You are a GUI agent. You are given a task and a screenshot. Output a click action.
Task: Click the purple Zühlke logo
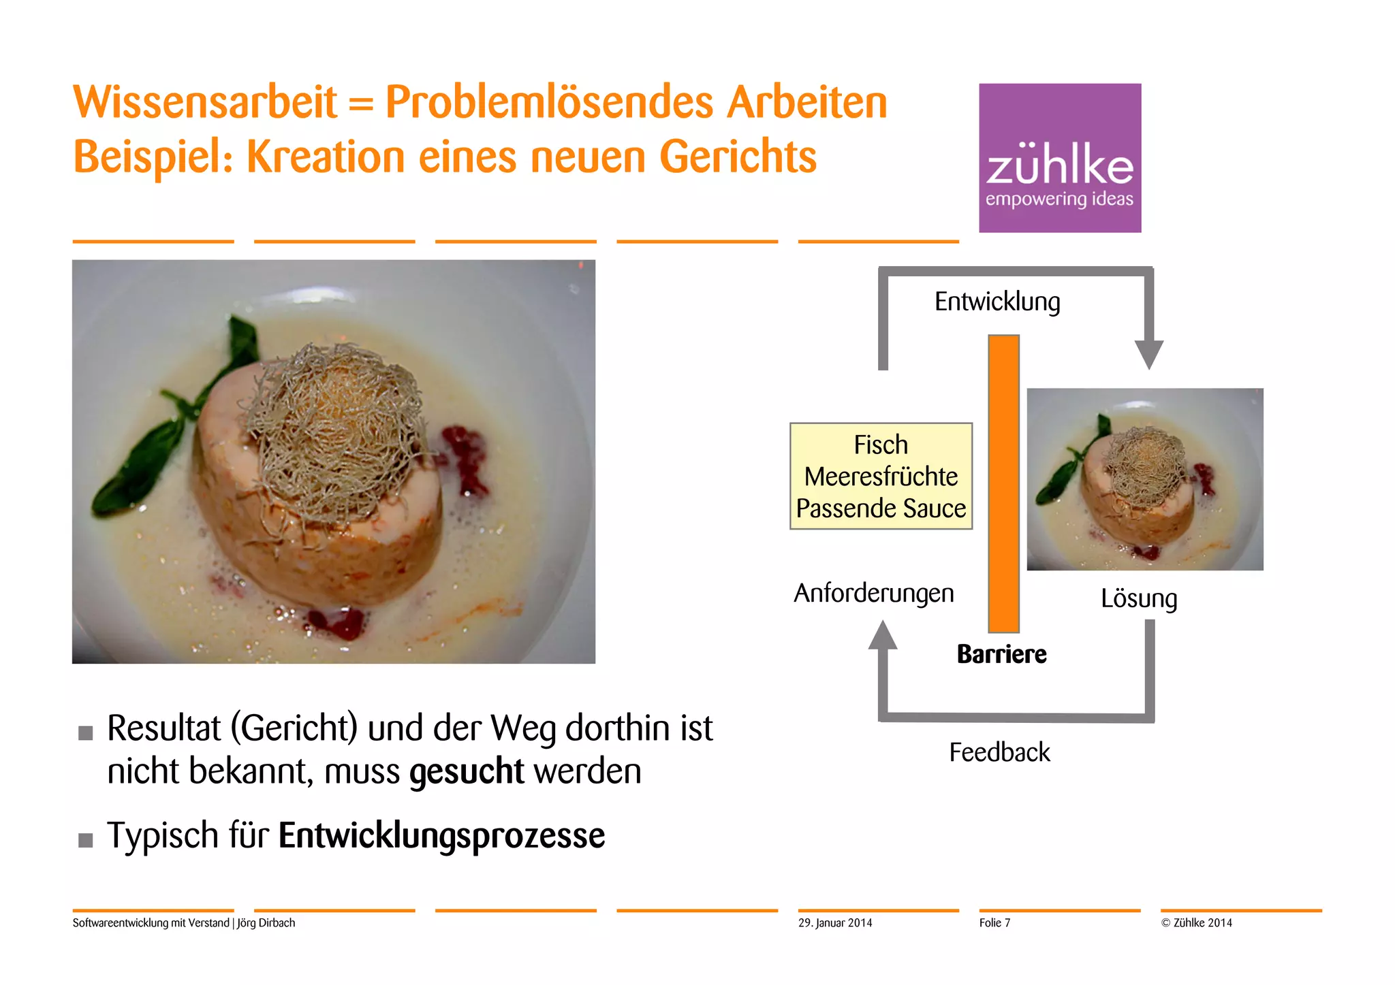point(1060,158)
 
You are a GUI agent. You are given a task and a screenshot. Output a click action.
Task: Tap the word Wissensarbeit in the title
point(205,103)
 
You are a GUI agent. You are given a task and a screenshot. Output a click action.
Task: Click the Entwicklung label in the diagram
point(997,302)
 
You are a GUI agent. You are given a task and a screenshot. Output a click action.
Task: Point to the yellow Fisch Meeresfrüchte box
point(881,476)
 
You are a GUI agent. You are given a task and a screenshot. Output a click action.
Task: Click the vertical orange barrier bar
point(1003,483)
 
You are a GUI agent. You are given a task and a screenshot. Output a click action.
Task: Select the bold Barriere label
point(1001,654)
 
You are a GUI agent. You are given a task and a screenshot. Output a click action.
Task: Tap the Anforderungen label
point(874,593)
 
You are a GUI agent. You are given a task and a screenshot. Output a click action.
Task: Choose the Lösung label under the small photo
point(1139,598)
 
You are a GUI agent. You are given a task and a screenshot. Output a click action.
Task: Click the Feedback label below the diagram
point(999,752)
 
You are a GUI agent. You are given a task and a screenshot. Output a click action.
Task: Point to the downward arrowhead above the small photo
point(1149,354)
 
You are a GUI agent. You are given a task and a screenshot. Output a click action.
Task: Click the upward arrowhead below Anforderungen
point(883,634)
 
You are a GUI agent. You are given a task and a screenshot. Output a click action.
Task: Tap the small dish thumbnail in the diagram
point(1145,479)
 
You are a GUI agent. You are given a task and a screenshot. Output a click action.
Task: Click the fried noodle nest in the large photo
point(334,429)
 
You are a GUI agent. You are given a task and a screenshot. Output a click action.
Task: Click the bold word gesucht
point(467,772)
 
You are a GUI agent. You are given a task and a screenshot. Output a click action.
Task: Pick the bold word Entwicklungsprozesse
point(441,836)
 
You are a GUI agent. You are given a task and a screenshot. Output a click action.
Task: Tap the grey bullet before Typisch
point(86,840)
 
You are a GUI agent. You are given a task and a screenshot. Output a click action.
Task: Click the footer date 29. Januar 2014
point(835,923)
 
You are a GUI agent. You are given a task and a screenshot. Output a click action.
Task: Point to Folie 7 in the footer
point(994,923)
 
